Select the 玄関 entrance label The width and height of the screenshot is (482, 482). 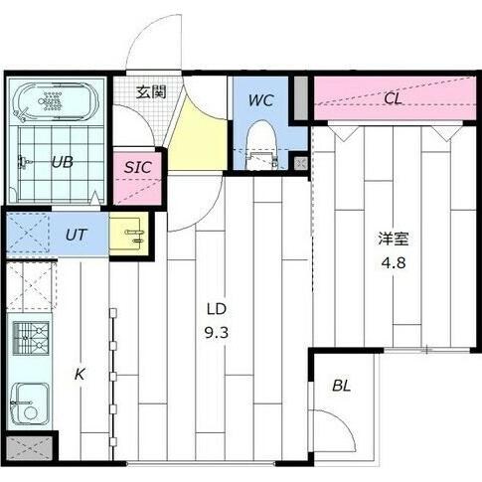pos(150,93)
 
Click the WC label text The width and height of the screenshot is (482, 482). pos(260,99)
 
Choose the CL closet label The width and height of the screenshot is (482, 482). pos(393,97)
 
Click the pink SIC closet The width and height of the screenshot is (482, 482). pos(137,176)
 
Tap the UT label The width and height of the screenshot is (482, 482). pos(76,235)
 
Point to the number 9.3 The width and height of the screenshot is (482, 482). pos(219,333)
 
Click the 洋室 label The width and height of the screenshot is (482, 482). pos(391,240)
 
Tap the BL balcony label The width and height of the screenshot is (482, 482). pos(341,385)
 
